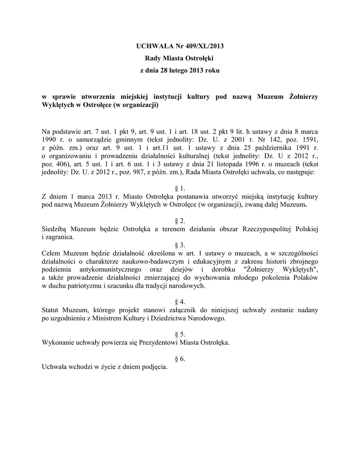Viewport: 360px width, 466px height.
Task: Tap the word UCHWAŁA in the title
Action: click(153, 46)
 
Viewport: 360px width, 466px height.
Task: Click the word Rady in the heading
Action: click(153, 59)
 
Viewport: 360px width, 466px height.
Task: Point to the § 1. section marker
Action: click(180, 188)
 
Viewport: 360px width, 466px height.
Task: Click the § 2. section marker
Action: click(180, 220)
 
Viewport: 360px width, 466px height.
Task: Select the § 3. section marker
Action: click(180, 245)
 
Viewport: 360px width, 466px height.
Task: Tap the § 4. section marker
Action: click(180, 302)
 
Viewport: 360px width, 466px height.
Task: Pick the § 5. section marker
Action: click(180, 334)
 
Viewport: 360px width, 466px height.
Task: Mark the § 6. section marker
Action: click(180, 359)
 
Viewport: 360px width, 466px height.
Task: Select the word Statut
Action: click(51, 310)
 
